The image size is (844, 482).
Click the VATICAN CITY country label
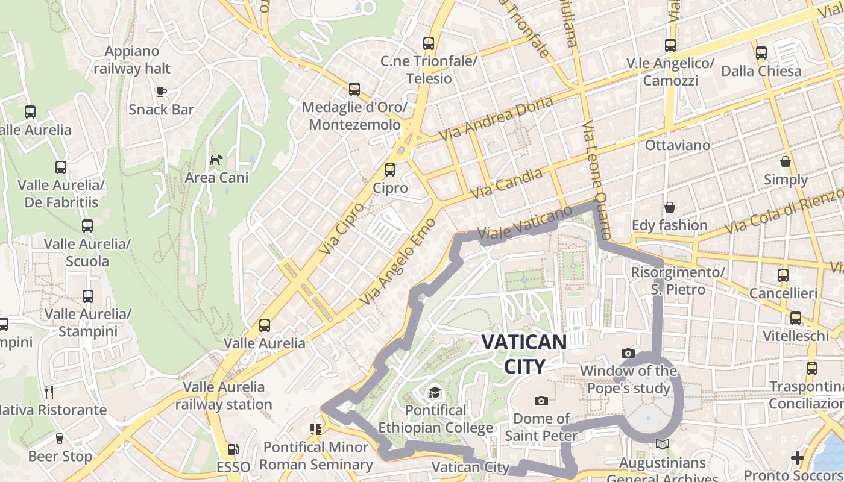(524, 354)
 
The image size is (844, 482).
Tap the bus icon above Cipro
(390, 170)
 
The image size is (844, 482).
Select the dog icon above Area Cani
(216, 160)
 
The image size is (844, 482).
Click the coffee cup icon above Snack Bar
(161, 92)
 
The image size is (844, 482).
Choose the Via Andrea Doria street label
(496, 119)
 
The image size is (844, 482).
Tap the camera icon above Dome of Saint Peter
(541, 401)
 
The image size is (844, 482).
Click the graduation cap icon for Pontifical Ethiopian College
(435, 393)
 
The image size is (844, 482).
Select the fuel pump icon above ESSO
(233, 449)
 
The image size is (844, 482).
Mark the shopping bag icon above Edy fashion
(669, 208)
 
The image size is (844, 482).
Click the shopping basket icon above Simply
(786, 161)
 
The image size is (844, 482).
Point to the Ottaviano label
(678, 145)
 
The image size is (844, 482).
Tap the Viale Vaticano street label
(524, 224)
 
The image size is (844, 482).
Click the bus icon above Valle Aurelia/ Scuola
(87, 226)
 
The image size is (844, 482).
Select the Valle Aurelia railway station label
(224, 395)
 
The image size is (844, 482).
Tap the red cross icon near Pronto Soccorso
(798, 458)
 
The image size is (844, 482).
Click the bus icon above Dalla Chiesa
(761, 53)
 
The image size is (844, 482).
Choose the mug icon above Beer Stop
(60, 438)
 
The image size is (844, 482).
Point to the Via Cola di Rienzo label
(784, 211)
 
